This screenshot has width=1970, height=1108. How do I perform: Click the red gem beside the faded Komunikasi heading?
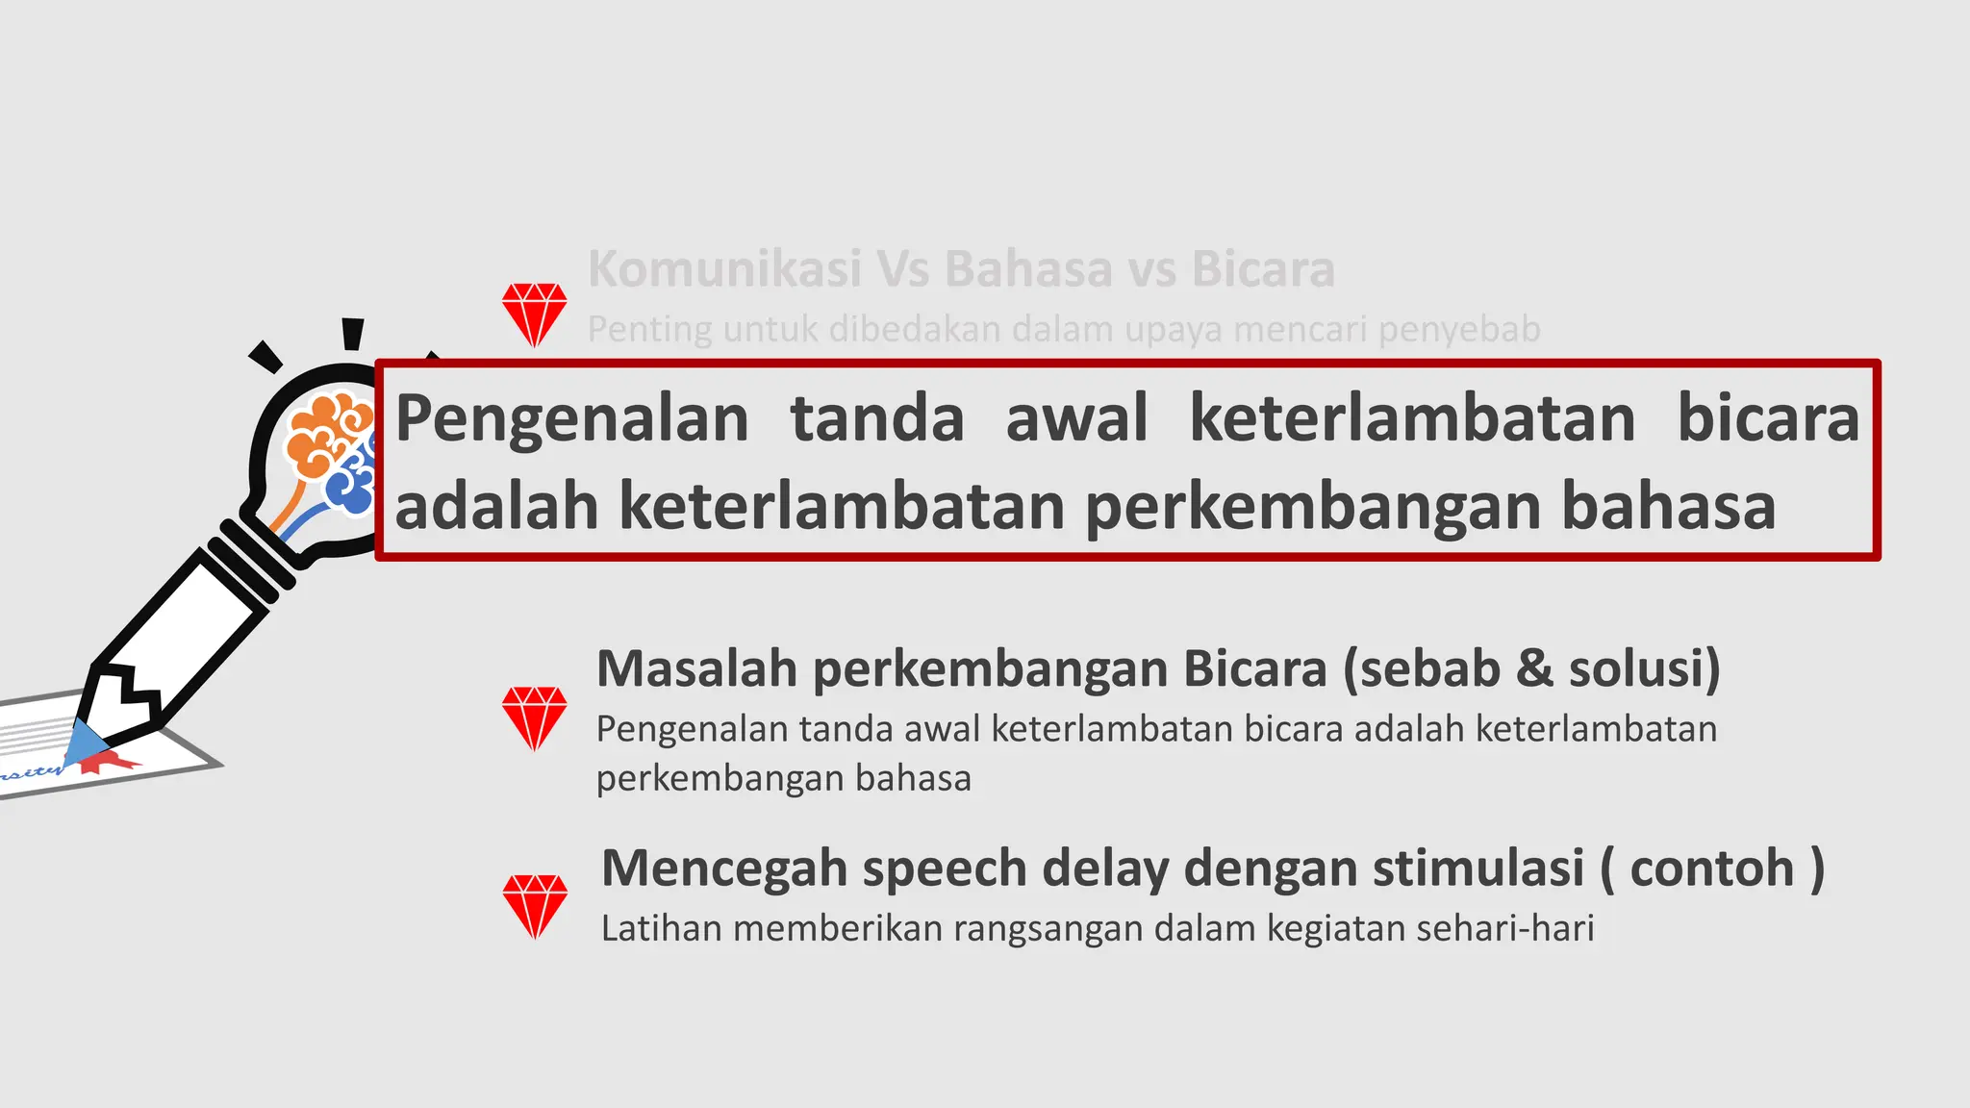click(x=535, y=314)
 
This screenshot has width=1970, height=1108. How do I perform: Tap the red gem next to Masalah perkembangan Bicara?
click(x=535, y=718)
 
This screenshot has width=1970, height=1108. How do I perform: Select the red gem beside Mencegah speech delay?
click(x=535, y=905)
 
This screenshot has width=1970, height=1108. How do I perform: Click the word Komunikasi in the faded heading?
click(x=724, y=268)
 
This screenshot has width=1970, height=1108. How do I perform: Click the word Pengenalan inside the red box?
click(x=572, y=418)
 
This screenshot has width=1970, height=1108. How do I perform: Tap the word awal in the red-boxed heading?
click(x=1076, y=418)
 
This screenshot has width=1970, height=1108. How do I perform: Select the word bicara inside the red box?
click(x=1768, y=418)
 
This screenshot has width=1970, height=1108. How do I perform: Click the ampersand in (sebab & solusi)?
click(x=1533, y=668)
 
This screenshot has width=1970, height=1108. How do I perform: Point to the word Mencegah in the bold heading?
click(x=723, y=869)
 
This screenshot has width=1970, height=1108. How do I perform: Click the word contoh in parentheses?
click(x=1712, y=869)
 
